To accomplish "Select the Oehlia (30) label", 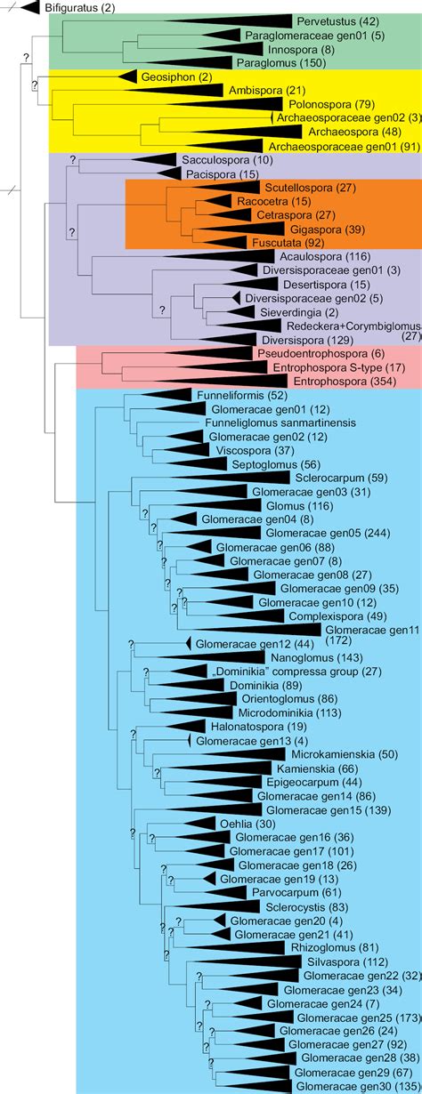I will [x=219, y=823].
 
